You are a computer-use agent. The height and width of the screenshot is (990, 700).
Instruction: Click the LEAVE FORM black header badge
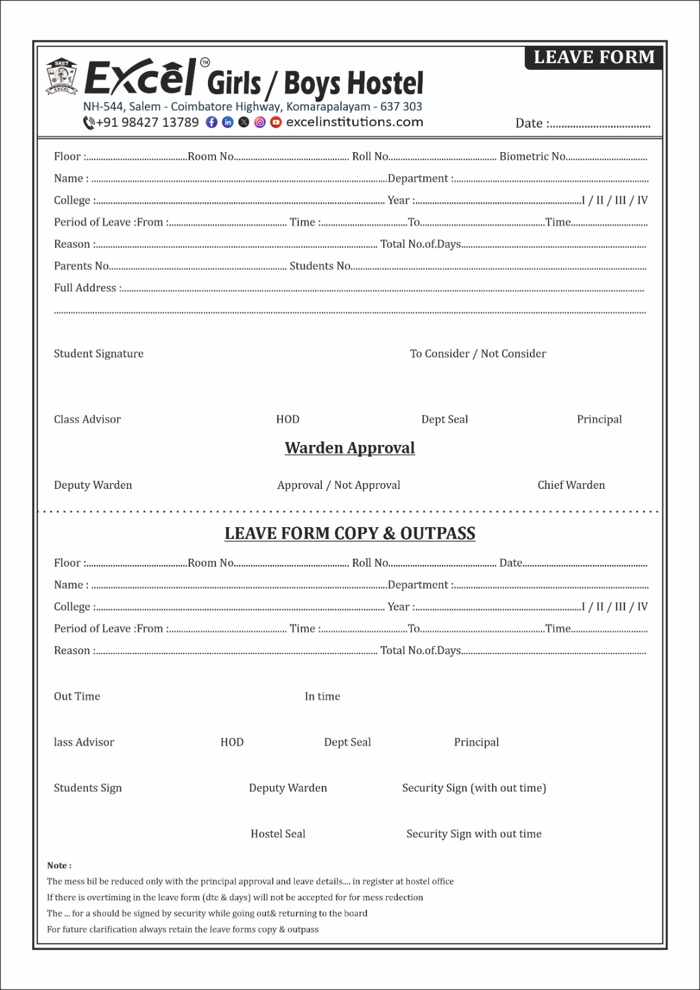point(594,58)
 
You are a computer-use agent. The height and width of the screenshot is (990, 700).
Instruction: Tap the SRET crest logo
point(61,77)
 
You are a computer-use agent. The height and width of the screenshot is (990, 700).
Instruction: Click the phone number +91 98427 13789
point(147,123)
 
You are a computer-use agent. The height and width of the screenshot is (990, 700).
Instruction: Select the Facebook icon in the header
point(212,123)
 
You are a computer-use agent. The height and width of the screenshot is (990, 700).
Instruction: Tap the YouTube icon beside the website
point(276,123)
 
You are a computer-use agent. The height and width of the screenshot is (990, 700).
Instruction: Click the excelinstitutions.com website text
point(355,123)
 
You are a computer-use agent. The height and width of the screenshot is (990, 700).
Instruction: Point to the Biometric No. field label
point(532,157)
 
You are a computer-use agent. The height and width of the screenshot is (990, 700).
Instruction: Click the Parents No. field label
point(82,266)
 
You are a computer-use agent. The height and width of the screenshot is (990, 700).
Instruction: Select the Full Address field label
point(85,288)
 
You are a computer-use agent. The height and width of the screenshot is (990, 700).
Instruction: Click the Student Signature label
point(98,354)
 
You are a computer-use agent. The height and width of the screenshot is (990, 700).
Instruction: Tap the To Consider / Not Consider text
point(478,354)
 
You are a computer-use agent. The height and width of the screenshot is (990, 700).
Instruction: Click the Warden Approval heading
point(350,448)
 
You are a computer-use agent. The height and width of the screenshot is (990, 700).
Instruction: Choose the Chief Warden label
point(571,485)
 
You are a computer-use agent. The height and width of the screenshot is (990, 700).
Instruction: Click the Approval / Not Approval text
point(339,485)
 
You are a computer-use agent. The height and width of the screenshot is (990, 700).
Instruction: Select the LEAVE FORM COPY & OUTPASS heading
point(350,533)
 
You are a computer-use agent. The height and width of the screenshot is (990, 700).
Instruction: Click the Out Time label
point(77,696)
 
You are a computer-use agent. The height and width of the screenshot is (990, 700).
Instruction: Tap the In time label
point(322,696)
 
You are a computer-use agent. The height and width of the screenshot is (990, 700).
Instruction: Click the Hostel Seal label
point(278,833)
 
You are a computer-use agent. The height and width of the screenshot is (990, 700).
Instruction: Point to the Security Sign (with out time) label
point(474,788)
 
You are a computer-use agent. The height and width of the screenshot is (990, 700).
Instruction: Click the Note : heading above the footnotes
point(59,866)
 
